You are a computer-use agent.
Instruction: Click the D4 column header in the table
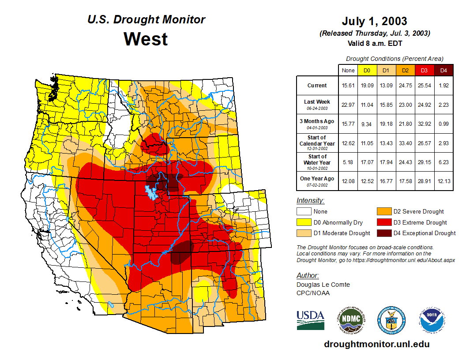[444, 71]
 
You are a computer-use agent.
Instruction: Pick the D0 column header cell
[366, 71]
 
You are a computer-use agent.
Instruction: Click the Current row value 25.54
[424, 86]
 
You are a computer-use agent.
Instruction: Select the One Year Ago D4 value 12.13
[444, 179]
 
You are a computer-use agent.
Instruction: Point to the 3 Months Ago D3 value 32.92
[424, 124]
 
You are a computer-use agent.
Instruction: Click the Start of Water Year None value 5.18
[348, 162]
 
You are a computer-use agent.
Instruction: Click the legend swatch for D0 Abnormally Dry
[304, 222]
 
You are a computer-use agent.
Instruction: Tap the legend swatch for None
[304, 212]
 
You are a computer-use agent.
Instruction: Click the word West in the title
[146, 39]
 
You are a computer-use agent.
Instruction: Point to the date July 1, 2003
[374, 21]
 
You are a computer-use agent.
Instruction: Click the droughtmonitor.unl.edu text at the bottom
[376, 344]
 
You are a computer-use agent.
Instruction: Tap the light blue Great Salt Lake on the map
[151, 192]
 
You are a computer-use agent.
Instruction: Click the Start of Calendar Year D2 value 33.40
[405, 143]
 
